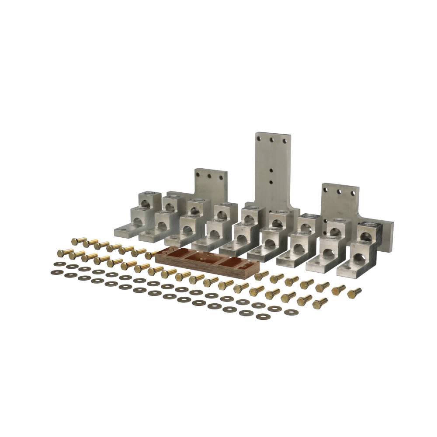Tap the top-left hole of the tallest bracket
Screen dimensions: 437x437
(x=261, y=139)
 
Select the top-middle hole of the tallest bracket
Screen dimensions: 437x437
(x=273, y=140)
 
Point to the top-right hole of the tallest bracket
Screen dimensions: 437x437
(x=284, y=141)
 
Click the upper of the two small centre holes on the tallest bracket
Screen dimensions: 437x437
(x=272, y=172)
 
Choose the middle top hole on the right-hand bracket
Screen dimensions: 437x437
(x=339, y=191)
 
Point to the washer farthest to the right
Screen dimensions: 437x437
(x=290, y=312)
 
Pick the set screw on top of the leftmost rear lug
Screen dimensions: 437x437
(x=144, y=194)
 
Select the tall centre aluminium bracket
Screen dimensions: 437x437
(x=272, y=175)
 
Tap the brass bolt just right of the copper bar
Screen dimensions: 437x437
(x=262, y=275)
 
